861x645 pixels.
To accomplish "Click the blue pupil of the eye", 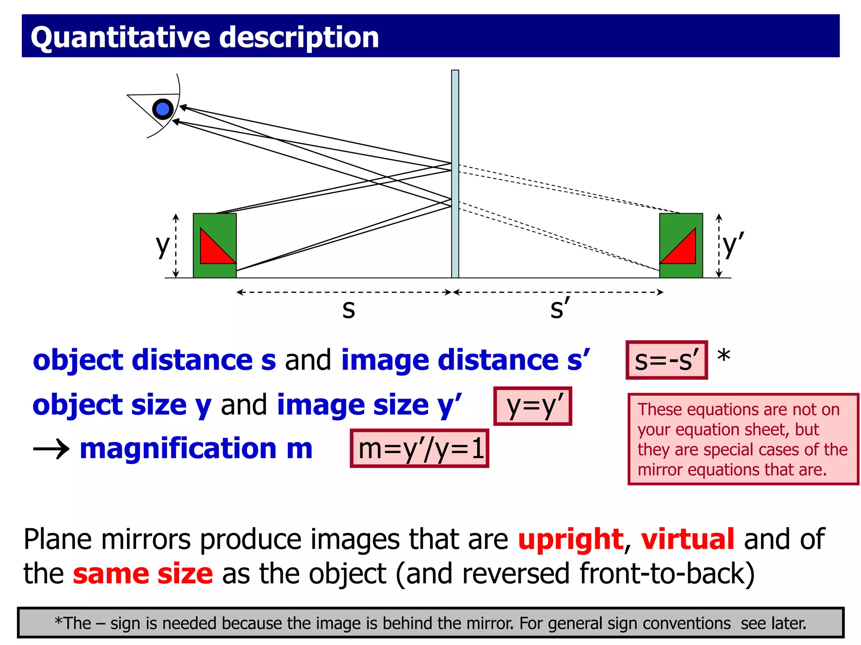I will point(163,109).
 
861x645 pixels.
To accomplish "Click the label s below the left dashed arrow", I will point(349,309).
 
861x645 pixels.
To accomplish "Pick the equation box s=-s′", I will point(666,360).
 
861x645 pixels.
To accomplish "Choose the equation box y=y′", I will point(533,406).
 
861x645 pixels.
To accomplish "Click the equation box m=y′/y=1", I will point(420,448).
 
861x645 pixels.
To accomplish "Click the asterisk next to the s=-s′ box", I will point(724,356).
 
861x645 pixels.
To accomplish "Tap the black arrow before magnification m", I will point(51,449).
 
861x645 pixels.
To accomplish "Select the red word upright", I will point(570,539).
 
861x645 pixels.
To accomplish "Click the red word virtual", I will point(687,539).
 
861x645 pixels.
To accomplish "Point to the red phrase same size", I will point(143,574).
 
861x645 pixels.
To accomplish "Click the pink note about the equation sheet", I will point(742,439).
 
